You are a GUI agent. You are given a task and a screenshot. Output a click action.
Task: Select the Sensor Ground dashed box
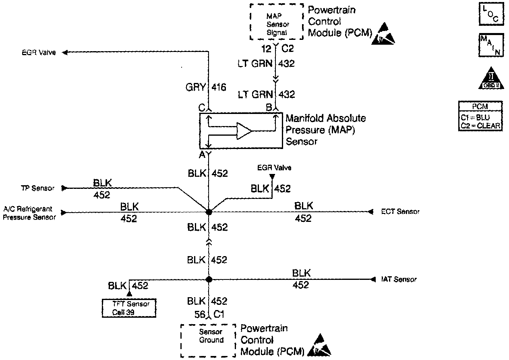point(208,340)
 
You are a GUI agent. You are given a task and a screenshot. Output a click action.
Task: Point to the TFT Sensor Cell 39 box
point(129,308)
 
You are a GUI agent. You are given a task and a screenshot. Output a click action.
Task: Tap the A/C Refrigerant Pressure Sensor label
point(29,213)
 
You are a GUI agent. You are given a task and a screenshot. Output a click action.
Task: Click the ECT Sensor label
point(400,212)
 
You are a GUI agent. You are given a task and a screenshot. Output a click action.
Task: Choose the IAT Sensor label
point(399,279)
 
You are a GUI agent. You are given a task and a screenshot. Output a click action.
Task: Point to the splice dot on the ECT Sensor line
point(209,212)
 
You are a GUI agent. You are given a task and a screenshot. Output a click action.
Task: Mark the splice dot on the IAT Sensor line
point(209,279)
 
